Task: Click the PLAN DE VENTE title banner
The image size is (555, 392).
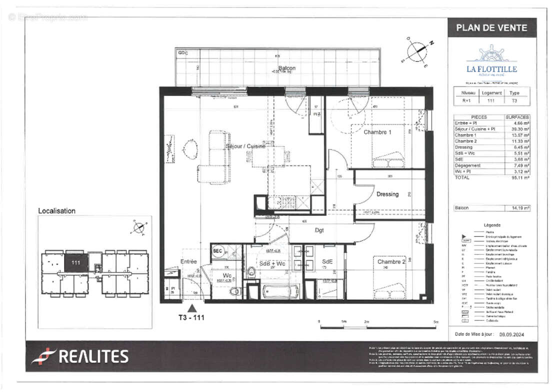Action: (491, 28)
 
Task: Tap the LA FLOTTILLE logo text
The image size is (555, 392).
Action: (491, 69)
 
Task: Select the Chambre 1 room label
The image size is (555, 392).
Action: (374, 132)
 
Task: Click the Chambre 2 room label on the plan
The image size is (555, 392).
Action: (391, 261)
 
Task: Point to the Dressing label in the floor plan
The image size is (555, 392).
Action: (387, 194)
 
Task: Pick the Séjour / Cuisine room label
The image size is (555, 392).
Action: (245, 146)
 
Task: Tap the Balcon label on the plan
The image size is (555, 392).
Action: (286, 68)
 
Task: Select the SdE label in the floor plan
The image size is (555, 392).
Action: (327, 261)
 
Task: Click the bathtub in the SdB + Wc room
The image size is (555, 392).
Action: (280, 290)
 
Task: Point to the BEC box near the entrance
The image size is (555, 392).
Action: (217, 250)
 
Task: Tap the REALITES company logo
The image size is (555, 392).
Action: (80, 356)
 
